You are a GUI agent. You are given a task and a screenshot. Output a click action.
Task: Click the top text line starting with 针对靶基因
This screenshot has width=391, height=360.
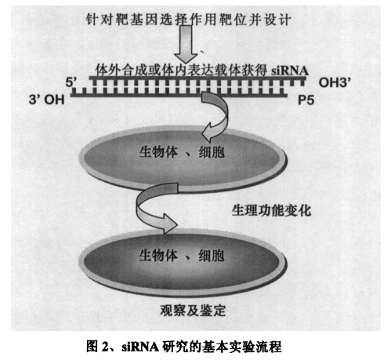188,20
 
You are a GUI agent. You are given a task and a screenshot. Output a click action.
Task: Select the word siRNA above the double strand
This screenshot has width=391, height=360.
289,71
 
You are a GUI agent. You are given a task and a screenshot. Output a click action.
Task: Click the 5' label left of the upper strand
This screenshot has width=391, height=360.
71,82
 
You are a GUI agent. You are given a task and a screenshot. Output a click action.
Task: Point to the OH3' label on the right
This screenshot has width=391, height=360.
335,82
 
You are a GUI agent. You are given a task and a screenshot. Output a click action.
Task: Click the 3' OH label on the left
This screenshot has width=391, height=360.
46,100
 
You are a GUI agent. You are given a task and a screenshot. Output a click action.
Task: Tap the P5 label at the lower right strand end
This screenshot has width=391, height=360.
306,100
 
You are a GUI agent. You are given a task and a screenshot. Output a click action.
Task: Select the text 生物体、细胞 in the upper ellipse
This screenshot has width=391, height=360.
182,152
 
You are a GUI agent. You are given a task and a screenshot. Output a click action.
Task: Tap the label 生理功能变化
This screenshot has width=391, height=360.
271,210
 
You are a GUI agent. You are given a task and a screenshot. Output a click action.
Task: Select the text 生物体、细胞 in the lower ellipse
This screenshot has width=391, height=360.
182,256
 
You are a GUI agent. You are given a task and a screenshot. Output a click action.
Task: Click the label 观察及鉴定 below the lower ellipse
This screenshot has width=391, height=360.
193,311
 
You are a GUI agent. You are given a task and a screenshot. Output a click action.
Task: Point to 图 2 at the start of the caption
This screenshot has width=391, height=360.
100,347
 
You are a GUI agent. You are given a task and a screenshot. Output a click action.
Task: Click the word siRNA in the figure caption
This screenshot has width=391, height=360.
140,347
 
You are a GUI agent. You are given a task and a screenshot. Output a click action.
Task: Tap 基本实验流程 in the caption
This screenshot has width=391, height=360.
242,347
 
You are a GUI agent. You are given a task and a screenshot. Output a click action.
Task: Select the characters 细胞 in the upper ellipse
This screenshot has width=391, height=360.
212,152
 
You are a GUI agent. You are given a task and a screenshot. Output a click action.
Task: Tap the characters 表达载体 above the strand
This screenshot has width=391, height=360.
201,71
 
